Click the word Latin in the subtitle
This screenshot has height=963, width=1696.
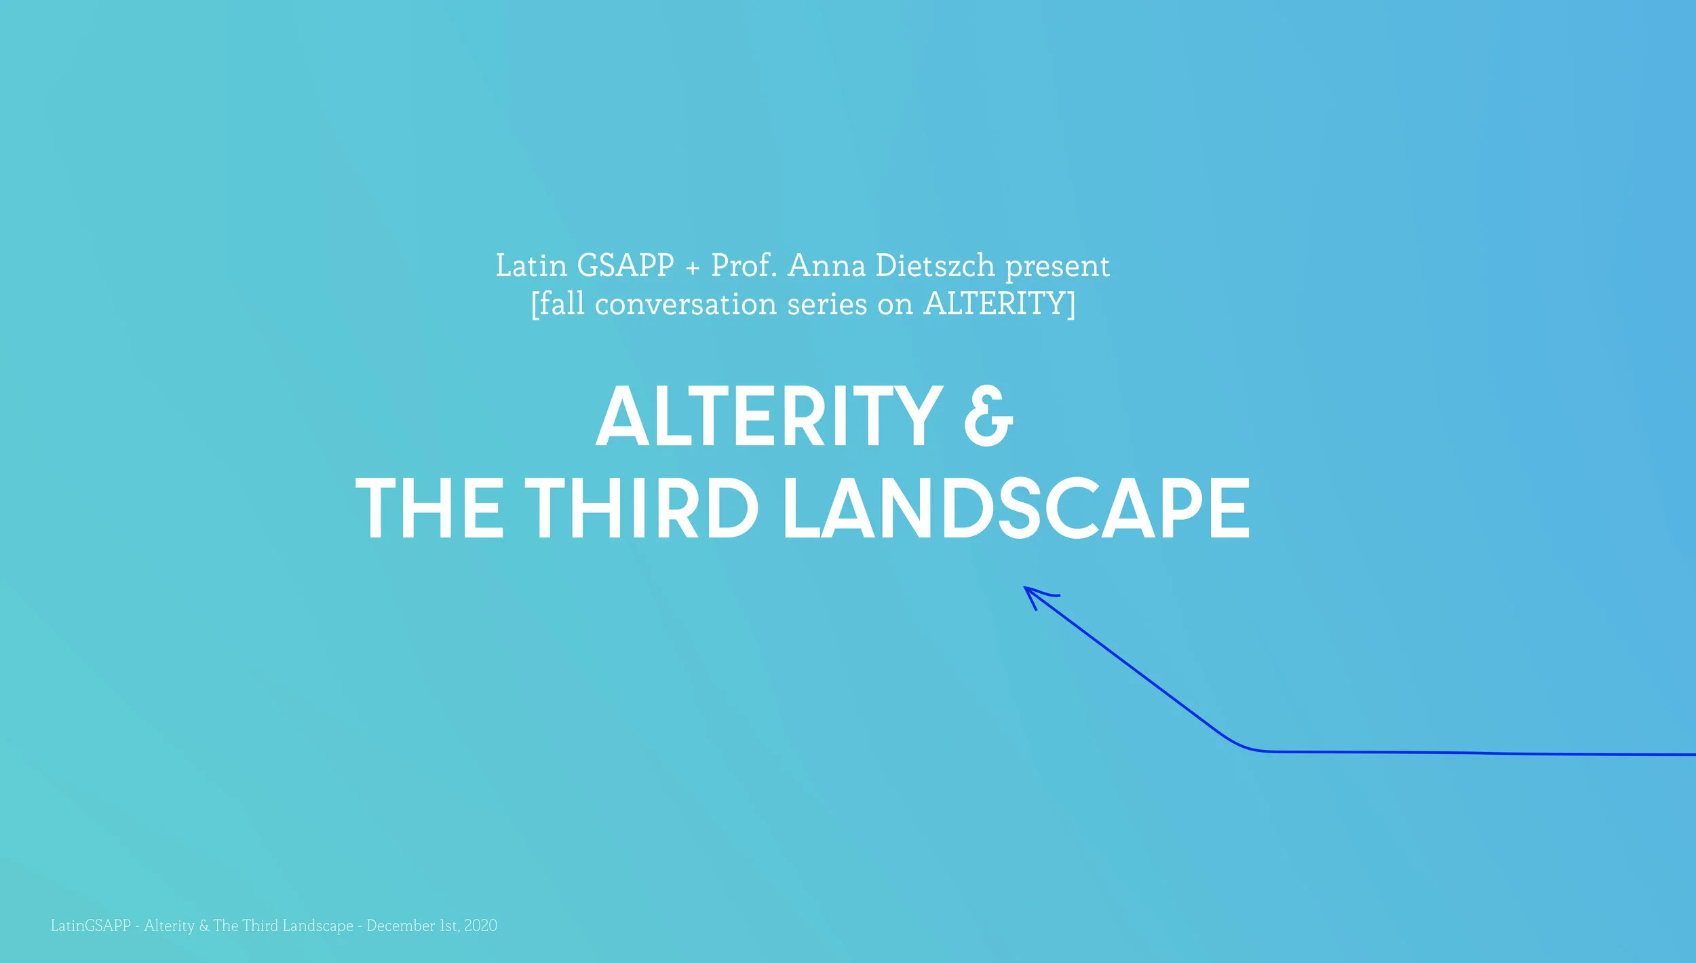[531, 265]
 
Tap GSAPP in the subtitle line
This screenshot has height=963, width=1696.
[625, 265]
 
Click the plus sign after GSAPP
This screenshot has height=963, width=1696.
[692, 268]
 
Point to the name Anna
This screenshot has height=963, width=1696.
[826, 265]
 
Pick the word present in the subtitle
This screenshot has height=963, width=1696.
[1057, 267]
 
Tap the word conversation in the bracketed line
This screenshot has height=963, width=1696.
[685, 304]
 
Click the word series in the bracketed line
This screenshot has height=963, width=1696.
[826, 304]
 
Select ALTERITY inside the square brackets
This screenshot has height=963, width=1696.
[995, 303]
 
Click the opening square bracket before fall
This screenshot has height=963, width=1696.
[535, 305]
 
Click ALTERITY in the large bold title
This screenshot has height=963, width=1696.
[769, 416]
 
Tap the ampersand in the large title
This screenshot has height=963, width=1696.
[988, 417]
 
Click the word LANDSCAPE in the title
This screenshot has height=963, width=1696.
[1016, 508]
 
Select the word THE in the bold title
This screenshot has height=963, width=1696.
[429, 508]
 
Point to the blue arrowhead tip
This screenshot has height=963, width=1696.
[1026, 588]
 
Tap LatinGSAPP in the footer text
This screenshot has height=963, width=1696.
[90, 926]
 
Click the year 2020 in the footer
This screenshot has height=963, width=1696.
[480, 926]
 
